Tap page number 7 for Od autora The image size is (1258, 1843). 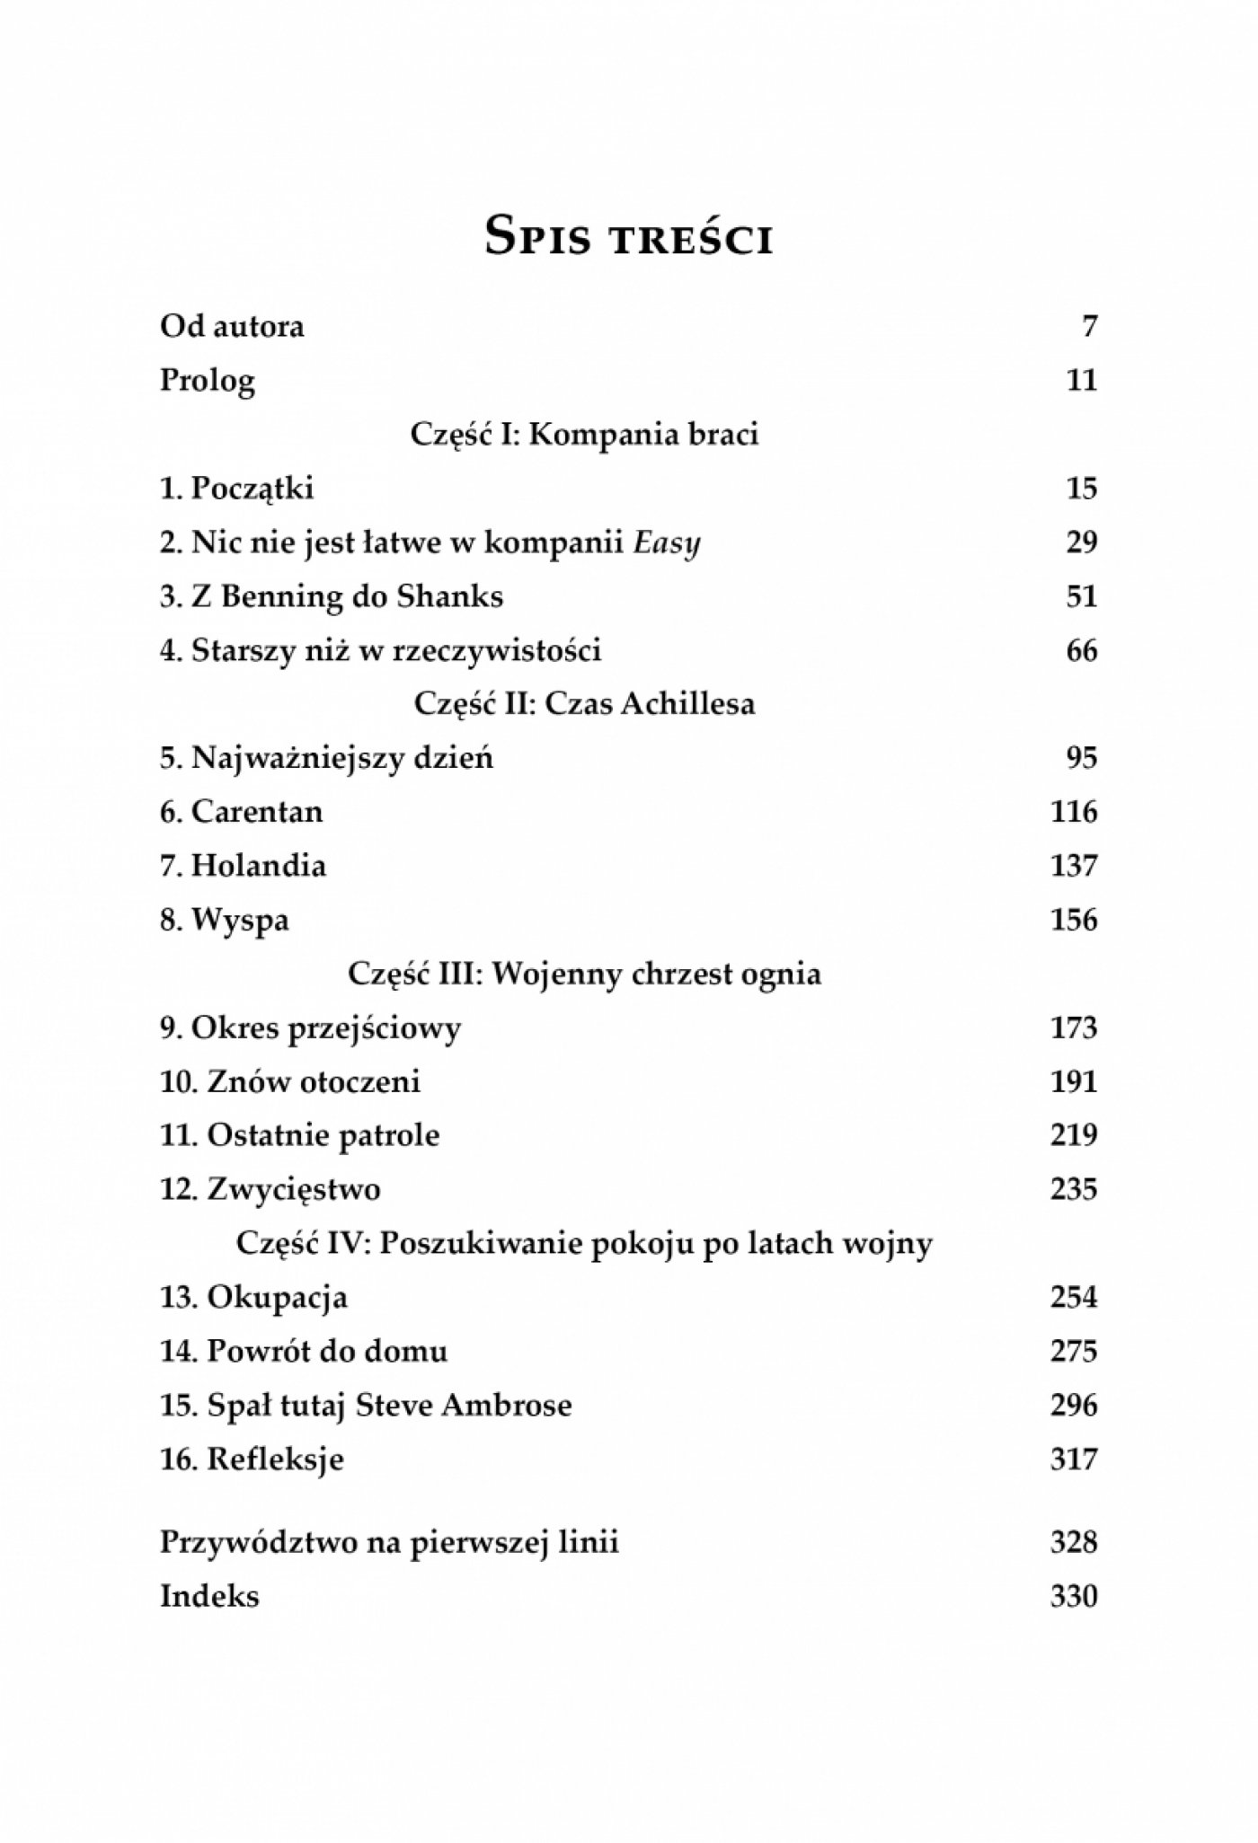tap(1089, 326)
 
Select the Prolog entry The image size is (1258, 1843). tap(208, 381)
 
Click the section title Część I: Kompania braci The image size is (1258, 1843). tap(584, 435)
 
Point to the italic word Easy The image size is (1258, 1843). tap(667, 544)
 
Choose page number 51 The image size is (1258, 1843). tap(1081, 596)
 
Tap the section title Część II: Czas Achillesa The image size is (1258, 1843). tap(584, 703)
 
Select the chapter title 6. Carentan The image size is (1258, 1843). tap(242, 812)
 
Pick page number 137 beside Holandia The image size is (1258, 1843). tap(1074, 866)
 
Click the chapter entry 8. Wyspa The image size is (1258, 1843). tap(225, 921)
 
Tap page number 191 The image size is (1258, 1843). tap(1074, 1081)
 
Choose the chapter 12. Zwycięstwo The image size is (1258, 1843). tap(270, 1190)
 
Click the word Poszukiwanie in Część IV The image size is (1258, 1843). tap(483, 1244)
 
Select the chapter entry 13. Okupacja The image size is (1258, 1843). tap(254, 1298)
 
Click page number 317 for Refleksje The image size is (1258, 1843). tap(1074, 1459)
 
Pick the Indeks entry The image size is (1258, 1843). tap(209, 1597)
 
